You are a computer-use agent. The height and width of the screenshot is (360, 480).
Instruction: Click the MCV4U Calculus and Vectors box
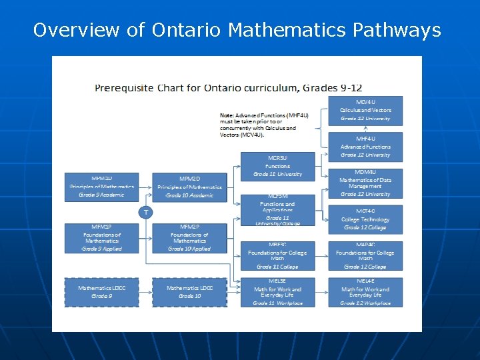point(365,110)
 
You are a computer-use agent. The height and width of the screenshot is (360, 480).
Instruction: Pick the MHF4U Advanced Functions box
point(365,147)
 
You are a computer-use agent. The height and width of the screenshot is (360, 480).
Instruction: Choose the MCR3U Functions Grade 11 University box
point(277,166)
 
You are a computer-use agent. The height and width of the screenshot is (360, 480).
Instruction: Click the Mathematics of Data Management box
point(365,183)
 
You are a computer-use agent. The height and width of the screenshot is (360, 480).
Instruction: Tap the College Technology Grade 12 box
point(365,219)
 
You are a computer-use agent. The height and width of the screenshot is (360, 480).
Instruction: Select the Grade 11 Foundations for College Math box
point(277,257)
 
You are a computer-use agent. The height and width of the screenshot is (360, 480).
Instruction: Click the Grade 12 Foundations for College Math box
point(365,257)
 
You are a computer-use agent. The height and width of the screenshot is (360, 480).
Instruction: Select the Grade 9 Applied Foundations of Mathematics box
point(101,238)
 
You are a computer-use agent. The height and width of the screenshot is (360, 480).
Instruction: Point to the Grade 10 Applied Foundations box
point(189,238)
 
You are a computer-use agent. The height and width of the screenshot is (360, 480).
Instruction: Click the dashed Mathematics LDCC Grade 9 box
point(101,292)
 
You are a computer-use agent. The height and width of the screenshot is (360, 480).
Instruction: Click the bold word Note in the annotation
point(227,115)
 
